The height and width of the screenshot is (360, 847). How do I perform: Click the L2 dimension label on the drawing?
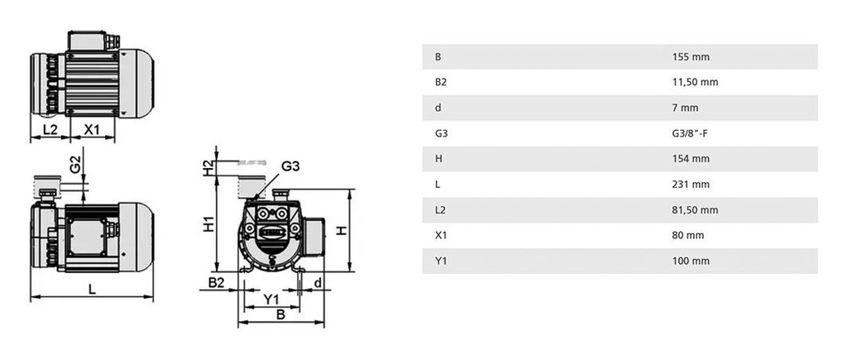point(50,130)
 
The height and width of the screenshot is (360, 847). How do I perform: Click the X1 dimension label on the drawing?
point(92,130)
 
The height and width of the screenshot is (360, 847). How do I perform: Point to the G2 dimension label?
point(74,164)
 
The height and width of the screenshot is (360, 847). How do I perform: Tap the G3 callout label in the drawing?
point(290,166)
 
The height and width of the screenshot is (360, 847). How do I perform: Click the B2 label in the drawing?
point(216,283)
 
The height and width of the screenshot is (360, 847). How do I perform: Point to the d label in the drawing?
point(318,283)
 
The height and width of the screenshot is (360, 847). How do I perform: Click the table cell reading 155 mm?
point(691,57)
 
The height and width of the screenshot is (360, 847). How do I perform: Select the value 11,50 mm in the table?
point(696,82)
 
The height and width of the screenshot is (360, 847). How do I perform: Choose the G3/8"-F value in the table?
point(693,133)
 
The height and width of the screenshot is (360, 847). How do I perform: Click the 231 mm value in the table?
point(691,185)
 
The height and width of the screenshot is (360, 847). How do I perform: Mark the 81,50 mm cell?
point(696,210)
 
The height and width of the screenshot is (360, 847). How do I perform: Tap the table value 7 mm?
point(687,108)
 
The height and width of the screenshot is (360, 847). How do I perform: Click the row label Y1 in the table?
point(440,261)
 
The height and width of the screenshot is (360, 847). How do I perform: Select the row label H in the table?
point(438,159)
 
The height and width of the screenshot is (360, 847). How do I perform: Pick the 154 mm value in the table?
point(691,159)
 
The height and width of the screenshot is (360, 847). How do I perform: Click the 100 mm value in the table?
point(691,261)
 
